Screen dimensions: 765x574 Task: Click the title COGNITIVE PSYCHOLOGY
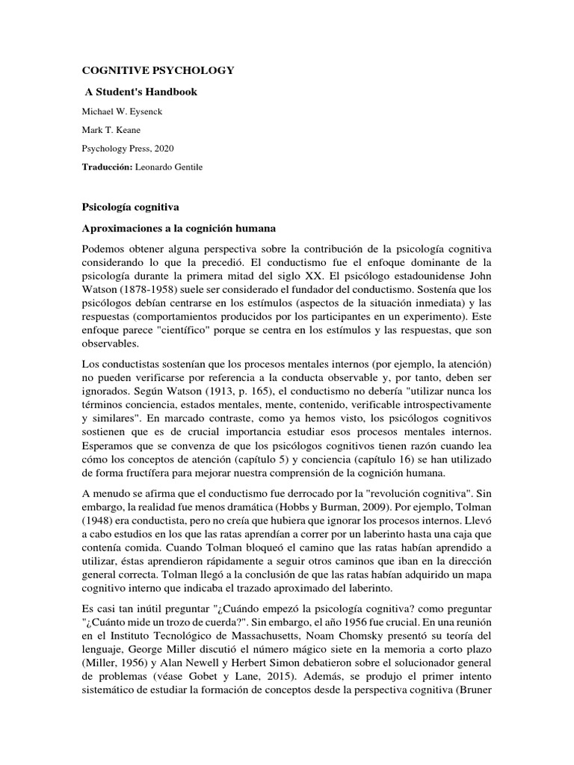coord(157,70)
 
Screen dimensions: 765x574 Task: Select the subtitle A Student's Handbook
coord(141,92)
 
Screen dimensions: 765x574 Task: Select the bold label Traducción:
coord(107,167)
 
